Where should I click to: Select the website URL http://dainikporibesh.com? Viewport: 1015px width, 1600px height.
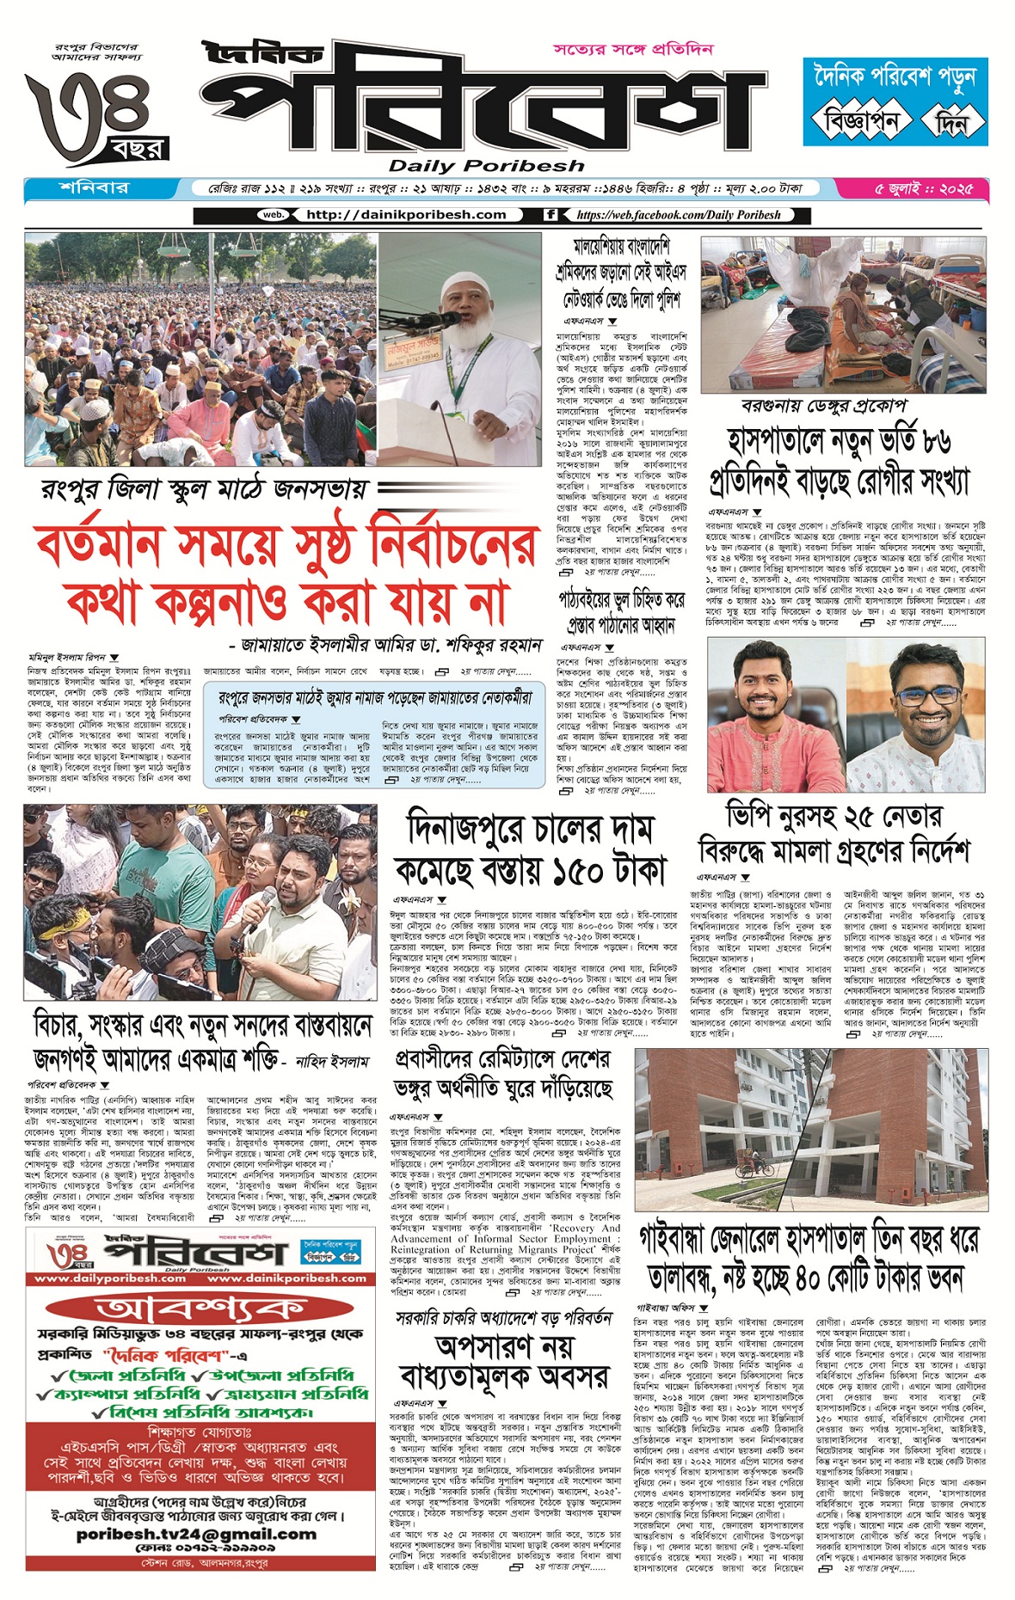click(406, 215)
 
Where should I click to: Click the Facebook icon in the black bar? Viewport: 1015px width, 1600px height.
click(551, 215)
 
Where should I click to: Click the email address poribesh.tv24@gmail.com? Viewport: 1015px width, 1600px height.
click(196, 1534)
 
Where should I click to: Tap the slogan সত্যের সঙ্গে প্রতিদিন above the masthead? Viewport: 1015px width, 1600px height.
click(633, 49)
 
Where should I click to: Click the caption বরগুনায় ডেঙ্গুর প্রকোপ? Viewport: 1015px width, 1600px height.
click(823, 406)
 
